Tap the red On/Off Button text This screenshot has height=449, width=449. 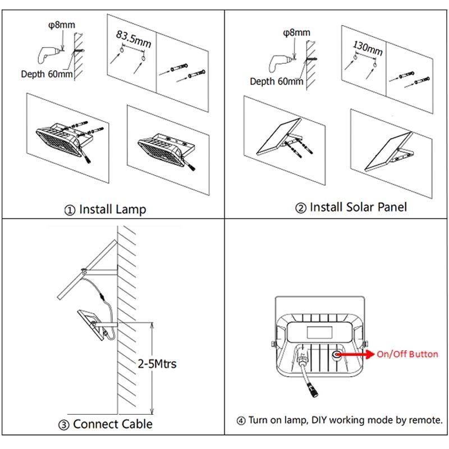[x=407, y=354]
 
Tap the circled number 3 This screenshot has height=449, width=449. [x=64, y=425]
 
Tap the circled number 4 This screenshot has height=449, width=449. [x=241, y=420]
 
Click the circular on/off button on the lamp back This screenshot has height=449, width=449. [x=338, y=355]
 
